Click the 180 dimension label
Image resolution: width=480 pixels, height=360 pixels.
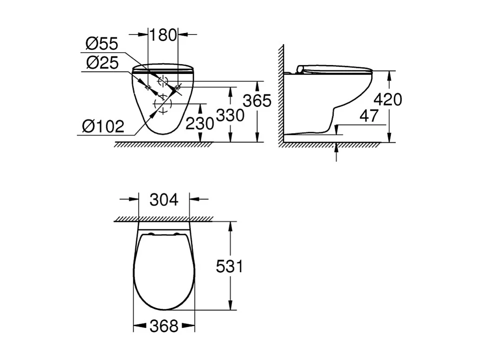163,34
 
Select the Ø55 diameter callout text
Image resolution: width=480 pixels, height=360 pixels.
102,45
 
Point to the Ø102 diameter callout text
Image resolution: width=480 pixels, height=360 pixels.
103,126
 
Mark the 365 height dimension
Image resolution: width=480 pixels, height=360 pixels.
257,100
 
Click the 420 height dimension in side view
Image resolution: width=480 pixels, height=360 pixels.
388,99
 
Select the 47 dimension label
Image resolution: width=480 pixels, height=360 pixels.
369,116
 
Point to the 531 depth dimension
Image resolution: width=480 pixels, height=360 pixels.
230,267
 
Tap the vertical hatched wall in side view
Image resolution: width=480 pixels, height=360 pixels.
281,93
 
